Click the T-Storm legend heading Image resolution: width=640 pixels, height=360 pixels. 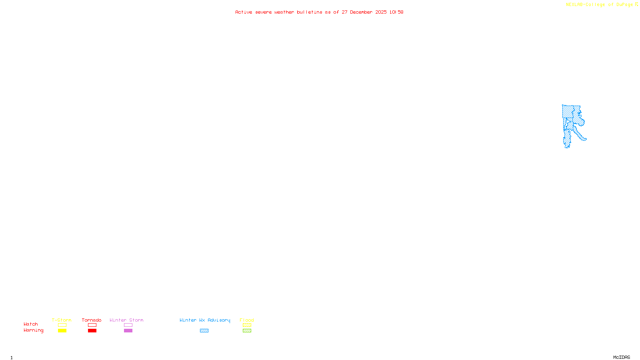pos(62,320)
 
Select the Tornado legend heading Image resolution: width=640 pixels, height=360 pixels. pos(92,320)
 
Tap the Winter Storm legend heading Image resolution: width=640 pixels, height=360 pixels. pos(126,320)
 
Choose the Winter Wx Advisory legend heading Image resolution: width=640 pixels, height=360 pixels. pos(205,320)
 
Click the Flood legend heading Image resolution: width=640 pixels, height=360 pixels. pos(247,320)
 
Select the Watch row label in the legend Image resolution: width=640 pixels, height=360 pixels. pos(31,324)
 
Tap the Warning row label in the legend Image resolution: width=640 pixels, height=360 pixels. pos(34,330)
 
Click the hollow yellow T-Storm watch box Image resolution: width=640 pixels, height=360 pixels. pos(62,325)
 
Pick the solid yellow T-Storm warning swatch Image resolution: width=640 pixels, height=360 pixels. pos(62,331)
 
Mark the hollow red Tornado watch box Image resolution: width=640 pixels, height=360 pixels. pos(92,325)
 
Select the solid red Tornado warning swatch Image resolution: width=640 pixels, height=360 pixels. pos(92,331)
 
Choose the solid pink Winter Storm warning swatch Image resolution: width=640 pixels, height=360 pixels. pos(128,331)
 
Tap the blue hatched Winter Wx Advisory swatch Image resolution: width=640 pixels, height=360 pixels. pos(204,331)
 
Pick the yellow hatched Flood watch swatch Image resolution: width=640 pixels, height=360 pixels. pos(247,325)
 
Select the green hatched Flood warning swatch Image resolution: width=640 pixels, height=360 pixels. pos(247,331)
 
